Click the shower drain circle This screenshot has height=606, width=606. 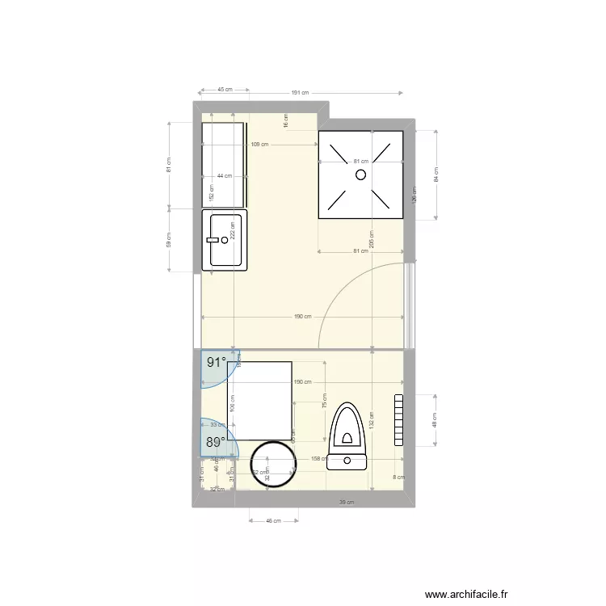(x=361, y=174)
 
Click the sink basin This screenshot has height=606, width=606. (x=226, y=240)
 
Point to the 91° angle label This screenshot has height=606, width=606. (x=217, y=363)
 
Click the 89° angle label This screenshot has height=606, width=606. (x=215, y=442)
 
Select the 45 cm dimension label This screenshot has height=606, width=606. (x=225, y=90)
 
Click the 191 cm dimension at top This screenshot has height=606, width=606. (x=300, y=93)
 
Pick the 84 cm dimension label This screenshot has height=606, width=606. (x=436, y=173)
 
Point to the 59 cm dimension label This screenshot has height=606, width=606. (x=169, y=240)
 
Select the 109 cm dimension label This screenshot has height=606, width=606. (x=259, y=145)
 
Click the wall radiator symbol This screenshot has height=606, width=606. (x=398, y=420)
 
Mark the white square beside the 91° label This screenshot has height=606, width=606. (x=260, y=400)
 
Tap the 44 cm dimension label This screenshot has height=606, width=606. (x=224, y=176)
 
